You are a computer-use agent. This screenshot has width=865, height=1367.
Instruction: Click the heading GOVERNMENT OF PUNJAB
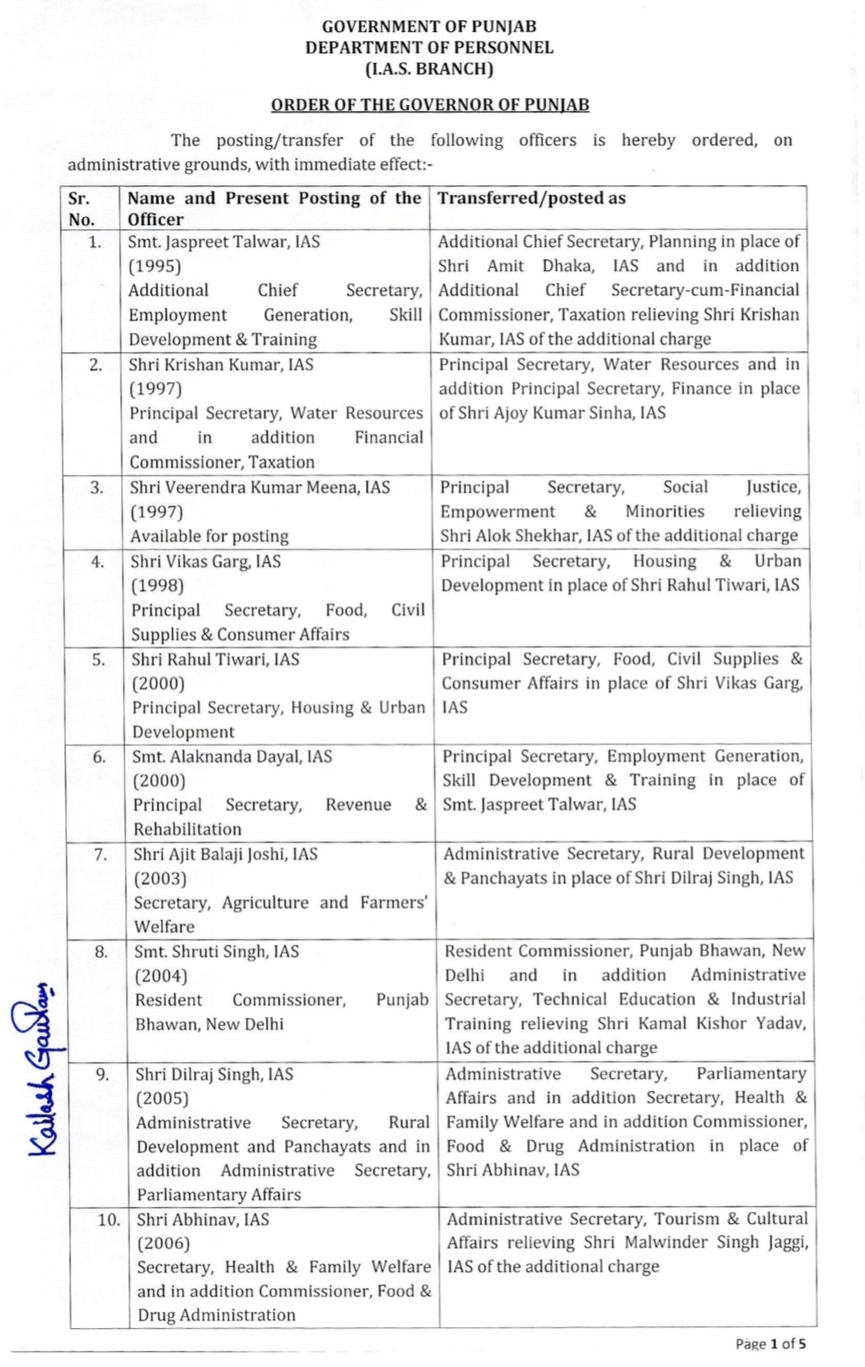tap(429, 26)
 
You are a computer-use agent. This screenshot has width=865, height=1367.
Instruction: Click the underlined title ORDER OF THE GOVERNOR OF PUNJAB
tap(430, 105)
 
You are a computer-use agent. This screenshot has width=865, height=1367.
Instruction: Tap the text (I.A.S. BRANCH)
tap(429, 69)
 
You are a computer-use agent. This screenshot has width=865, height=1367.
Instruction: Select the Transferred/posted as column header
tap(532, 198)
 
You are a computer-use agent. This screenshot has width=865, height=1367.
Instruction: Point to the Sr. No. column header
tap(81, 209)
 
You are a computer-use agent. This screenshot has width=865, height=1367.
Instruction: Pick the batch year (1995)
tap(154, 266)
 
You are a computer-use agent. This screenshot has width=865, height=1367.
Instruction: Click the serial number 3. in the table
tap(96, 488)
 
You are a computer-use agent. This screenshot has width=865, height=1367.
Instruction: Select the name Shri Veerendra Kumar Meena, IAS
tap(260, 488)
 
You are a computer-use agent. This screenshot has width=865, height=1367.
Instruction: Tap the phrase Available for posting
tap(209, 536)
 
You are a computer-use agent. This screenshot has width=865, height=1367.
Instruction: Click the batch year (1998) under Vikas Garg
tap(157, 586)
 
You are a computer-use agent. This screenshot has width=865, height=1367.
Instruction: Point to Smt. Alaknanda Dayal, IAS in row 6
tap(232, 757)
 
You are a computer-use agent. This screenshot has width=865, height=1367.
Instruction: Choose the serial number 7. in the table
tap(101, 854)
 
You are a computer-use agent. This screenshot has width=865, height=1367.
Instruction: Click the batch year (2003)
tap(160, 879)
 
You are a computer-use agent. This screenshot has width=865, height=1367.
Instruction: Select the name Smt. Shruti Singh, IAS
tap(217, 951)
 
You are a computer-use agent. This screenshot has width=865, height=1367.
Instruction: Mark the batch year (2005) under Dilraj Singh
tap(162, 1099)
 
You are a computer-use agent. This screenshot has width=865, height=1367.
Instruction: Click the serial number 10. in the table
tap(108, 1220)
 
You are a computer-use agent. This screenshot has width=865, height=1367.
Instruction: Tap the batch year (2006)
tap(163, 1243)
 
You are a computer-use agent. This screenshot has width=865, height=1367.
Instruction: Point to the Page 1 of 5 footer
tap(770, 1343)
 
